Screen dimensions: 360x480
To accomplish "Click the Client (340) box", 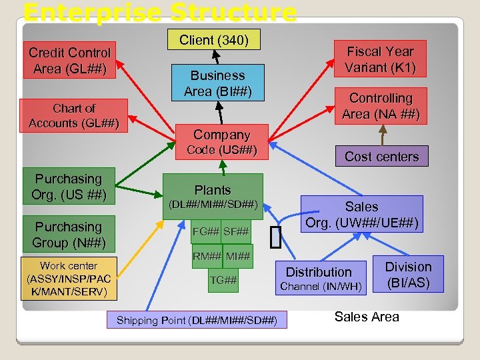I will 215,40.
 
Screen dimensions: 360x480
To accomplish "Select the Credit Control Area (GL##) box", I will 69,61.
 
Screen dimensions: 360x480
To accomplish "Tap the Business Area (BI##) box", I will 218,83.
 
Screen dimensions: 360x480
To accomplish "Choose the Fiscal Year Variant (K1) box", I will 380,59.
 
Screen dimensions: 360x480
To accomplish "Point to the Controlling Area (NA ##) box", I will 381,106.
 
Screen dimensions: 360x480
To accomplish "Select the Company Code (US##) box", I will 221,142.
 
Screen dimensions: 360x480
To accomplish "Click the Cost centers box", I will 381,157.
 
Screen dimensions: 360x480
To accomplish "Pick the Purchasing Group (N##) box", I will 69,235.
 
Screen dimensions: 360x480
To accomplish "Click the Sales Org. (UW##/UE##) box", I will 362,215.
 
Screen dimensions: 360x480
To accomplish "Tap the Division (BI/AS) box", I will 408,274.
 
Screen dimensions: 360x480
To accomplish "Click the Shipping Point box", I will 197,320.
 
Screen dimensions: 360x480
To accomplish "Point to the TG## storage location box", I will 223,280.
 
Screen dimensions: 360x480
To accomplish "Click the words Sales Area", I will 367,317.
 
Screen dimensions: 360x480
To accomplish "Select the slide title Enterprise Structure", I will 160,12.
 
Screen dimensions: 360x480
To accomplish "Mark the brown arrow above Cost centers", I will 382,135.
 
